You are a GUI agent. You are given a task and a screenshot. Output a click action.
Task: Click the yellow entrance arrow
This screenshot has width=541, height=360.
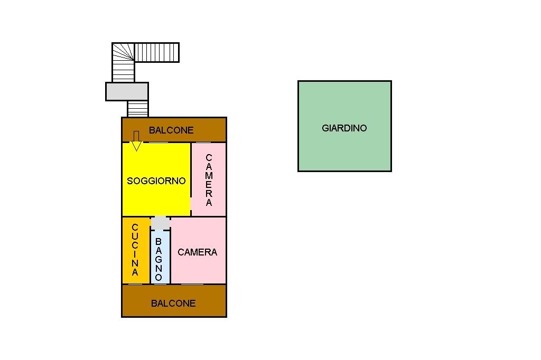pyautogui.click(x=136, y=141)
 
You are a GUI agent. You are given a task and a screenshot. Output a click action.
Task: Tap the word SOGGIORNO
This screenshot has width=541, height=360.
pyautogui.click(x=156, y=181)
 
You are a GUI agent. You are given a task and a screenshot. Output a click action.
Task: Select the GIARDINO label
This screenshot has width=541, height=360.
pyautogui.click(x=344, y=128)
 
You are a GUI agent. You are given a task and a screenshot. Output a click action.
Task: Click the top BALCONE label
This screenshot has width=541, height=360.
pyautogui.click(x=171, y=130)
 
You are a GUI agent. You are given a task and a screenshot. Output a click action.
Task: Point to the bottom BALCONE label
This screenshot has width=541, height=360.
pyautogui.click(x=173, y=303)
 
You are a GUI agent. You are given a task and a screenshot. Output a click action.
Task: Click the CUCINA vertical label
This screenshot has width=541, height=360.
pyautogui.click(x=135, y=250)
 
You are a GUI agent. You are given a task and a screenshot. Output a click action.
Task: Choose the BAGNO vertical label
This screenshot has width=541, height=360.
pyautogui.click(x=158, y=259)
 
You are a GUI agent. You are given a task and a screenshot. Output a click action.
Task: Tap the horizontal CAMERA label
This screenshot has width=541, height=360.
pyautogui.click(x=197, y=252)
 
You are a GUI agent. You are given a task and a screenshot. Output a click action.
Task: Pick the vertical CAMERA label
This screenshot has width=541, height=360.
pyautogui.click(x=209, y=180)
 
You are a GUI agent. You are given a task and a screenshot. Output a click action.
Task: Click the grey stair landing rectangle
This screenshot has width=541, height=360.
pyautogui.click(x=127, y=91)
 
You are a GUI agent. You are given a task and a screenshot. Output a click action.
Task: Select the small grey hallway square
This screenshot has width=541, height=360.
pyautogui.click(x=161, y=223)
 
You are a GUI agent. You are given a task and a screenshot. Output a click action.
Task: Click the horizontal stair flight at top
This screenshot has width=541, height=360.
pyautogui.click(x=157, y=52)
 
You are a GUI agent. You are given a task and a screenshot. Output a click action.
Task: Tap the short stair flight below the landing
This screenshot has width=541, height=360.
pyautogui.click(x=137, y=109)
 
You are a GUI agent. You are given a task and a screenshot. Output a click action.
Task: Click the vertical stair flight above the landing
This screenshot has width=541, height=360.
pyautogui.click(x=123, y=72)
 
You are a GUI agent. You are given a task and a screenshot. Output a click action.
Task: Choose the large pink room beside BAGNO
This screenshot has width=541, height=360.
pyautogui.click(x=199, y=269)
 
